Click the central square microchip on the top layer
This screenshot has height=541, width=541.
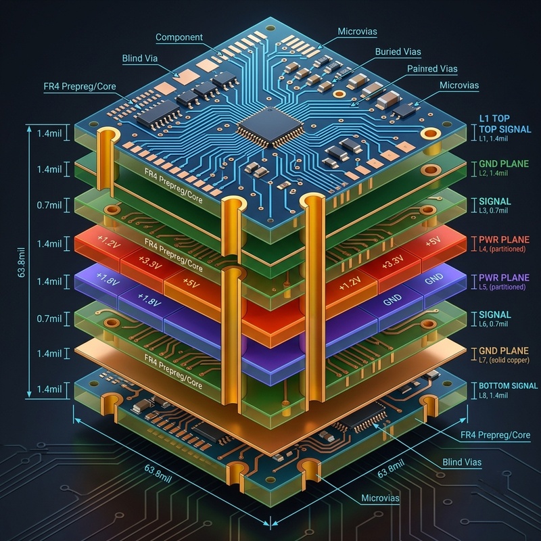270,126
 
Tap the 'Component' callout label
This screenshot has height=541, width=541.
179,37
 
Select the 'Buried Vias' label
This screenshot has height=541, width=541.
398,52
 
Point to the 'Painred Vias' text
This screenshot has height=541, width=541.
432,69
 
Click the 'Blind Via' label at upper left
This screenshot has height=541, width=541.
140,58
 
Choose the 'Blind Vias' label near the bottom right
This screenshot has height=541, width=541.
462,462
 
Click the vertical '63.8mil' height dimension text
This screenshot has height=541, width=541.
22,262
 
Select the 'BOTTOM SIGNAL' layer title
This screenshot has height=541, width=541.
509,385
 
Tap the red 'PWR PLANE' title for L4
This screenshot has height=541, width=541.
504,240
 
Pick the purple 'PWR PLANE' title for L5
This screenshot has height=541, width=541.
504,278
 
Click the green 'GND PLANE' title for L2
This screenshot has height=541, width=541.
504,164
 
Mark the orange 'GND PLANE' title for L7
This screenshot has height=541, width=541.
504,351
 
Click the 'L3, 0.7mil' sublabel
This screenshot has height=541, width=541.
494,210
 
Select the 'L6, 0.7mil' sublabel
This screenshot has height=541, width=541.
494,324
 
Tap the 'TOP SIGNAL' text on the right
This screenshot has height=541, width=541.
505,129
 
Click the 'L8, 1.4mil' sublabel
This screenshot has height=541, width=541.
494,395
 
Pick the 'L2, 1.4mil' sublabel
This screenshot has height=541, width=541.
494,173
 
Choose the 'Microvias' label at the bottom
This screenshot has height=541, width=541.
380,498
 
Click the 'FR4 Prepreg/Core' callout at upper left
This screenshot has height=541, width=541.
80,87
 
